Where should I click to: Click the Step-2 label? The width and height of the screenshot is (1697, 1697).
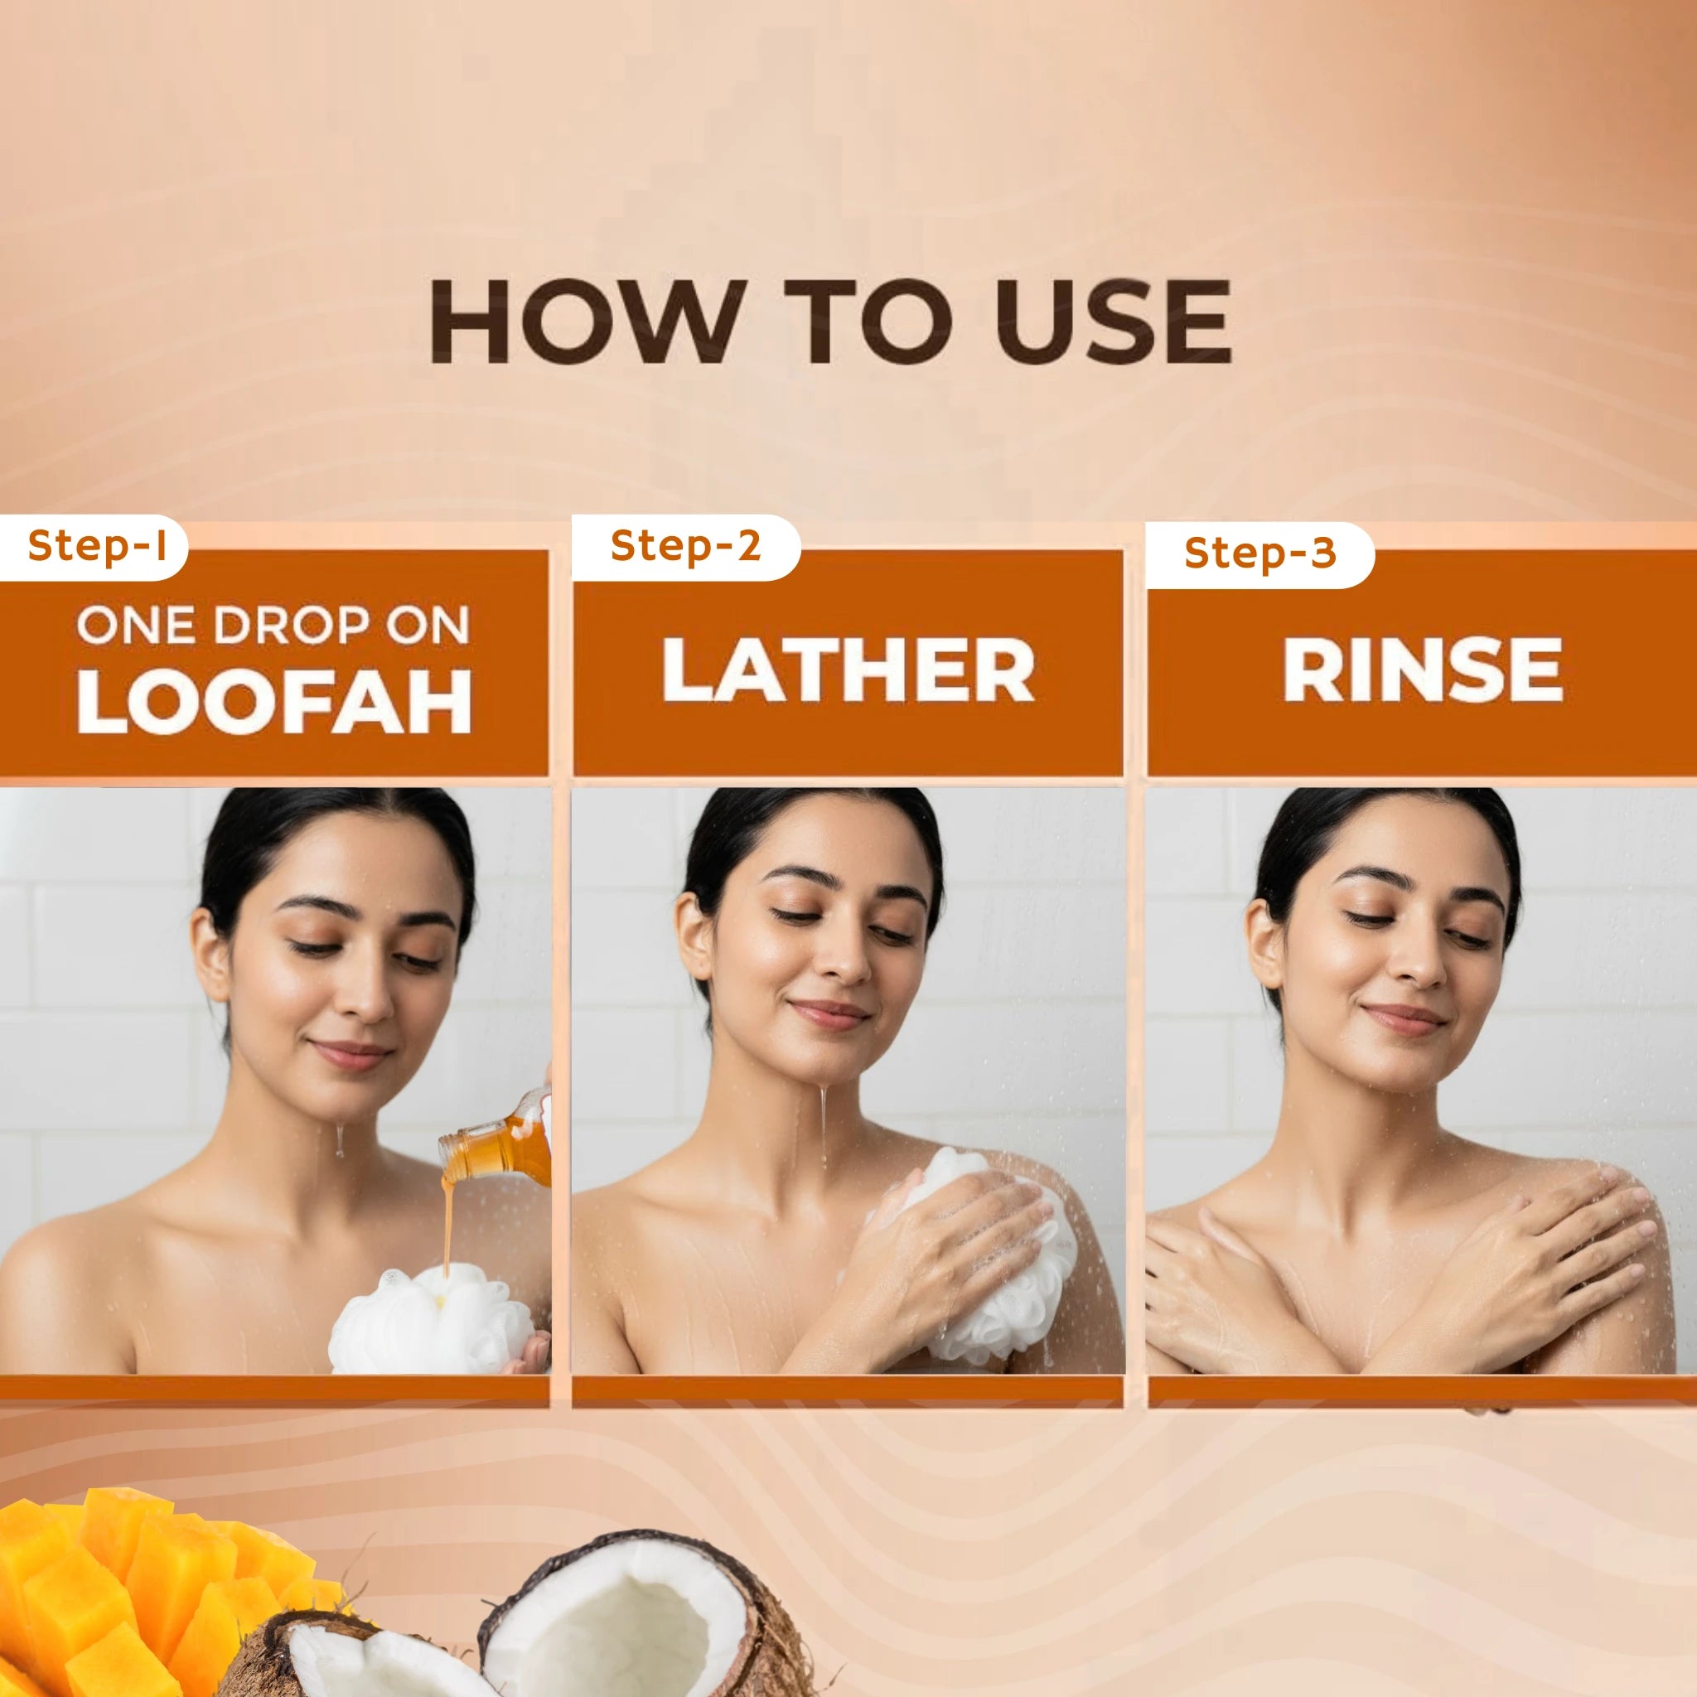[685, 544]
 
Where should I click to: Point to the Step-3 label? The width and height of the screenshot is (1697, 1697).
[1259, 553]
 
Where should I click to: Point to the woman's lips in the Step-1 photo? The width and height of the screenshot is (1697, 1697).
[353, 1052]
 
